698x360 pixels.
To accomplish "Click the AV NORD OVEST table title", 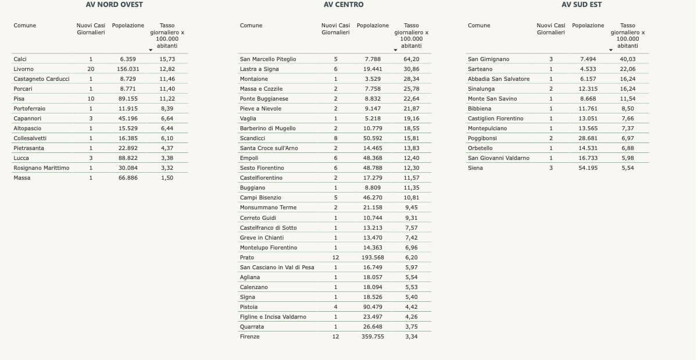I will [114, 5].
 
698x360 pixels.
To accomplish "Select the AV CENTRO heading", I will [343, 5].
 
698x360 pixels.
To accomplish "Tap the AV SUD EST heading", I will [582, 5].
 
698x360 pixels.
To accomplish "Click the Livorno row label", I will [23, 69].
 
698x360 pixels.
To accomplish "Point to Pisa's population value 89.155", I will [128, 99].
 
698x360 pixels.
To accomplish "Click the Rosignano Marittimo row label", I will [41, 168].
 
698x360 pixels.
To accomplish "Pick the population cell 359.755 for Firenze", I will [373, 337].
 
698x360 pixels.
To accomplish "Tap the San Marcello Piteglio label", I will [268, 59].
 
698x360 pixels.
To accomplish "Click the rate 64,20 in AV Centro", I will [411, 59].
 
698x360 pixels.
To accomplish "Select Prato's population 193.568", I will [373, 258].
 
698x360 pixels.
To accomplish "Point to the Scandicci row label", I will [252, 138].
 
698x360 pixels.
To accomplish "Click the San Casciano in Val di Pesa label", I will [277, 268].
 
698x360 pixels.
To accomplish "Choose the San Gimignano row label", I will [488, 59].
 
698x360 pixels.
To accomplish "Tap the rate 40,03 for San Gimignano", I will [628, 59].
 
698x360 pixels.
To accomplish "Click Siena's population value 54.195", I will [588, 168].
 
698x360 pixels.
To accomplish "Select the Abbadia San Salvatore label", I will [499, 79].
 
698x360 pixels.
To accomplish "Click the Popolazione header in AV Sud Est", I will [588, 26].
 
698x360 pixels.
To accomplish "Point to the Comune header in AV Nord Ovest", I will [25, 26].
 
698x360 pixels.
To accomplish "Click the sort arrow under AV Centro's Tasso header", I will [395, 50].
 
